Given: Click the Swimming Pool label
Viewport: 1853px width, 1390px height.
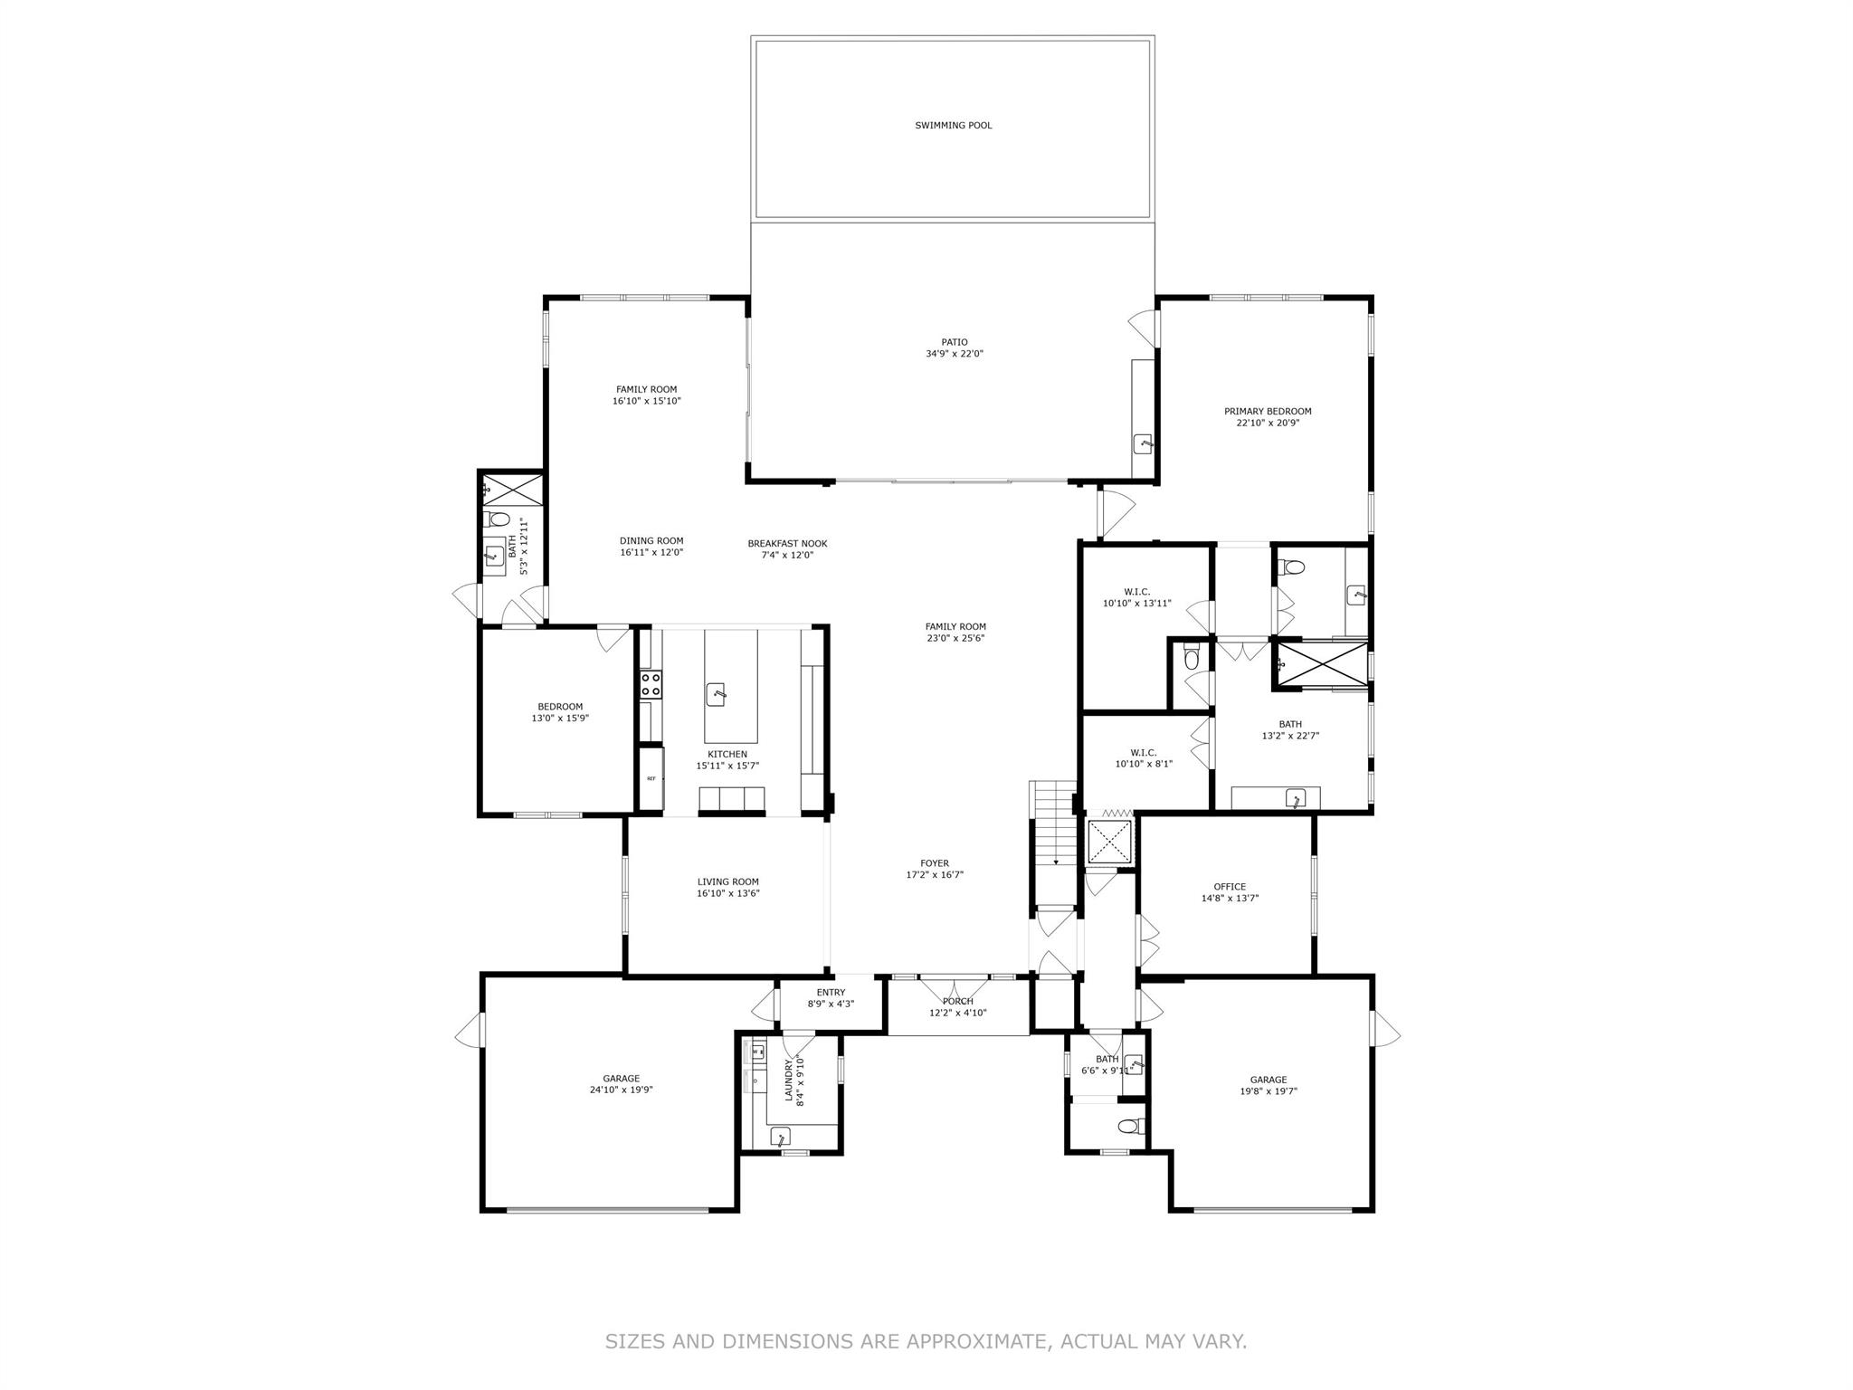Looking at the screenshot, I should (x=953, y=126).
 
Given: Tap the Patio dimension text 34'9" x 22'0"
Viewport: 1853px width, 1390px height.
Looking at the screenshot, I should (x=947, y=355).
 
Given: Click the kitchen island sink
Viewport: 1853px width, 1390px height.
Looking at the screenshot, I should (x=716, y=695).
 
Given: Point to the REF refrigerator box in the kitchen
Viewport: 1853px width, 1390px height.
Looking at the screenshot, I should (x=651, y=778).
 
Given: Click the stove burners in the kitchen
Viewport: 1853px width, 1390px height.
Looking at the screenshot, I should (x=651, y=683).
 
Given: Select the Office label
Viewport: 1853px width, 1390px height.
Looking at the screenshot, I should (x=1230, y=887).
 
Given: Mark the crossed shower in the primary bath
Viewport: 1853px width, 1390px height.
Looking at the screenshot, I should (x=1322, y=665).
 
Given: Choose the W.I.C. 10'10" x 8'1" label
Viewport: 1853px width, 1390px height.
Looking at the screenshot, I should (x=1144, y=753).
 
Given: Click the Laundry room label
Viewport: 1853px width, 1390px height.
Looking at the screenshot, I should (x=788, y=1081).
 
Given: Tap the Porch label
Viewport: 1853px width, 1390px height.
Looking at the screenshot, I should (x=957, y=1001).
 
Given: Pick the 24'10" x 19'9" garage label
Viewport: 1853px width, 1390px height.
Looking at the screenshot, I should (x=621, y=1079).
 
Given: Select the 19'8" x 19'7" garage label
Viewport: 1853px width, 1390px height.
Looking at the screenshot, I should (x=1269, y=1080).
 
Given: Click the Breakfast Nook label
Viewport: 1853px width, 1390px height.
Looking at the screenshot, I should (x=787, y=544).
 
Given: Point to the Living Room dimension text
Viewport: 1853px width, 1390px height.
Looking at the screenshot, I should (x=727, y=893).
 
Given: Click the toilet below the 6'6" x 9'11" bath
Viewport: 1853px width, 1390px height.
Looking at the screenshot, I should (x=1128, y=1127).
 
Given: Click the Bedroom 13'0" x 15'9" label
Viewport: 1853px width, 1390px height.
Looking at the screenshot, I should (x=560, y=707).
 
